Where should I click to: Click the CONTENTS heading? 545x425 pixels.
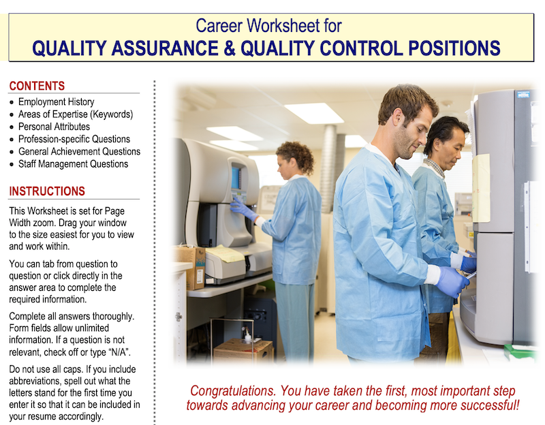pyautogui.click(x=37, y=86)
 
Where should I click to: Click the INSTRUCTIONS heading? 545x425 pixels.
pyautogui.click(x=47, y=191)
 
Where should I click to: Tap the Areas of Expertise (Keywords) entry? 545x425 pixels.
pyautogui.click(x=76, y=114)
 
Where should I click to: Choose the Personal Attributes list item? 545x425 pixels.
pyautogui.click(x=54, y=127)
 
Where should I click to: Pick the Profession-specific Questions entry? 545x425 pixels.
pyautogui.click(x=74, y=139)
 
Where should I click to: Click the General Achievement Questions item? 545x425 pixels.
pyautogui.click(x=79, y=151)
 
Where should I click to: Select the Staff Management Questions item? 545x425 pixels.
pyautogui.click(x=73, y=163)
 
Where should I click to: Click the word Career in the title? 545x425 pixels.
pyautogui.click(x=219, y=27)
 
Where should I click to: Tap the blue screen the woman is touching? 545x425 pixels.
pyautogui.click(x=236, y=178)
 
